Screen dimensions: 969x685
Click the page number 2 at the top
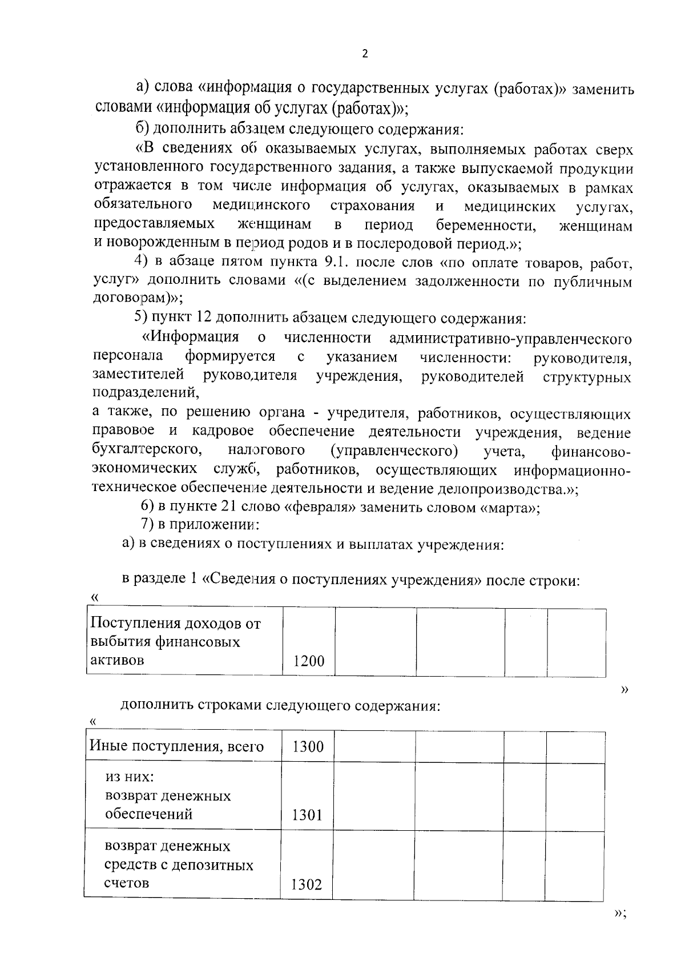(365, 54)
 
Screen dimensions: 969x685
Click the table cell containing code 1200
(308, 661)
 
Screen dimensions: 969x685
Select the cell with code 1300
(308, 746)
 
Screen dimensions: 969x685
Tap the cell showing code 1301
(307, 815)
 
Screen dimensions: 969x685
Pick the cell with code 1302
(307, 884)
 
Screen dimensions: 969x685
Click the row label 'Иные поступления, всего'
(176, 746)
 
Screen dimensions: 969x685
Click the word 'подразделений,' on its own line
(146, 393)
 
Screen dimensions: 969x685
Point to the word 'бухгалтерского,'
(147, 451)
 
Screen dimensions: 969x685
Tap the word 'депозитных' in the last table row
(220, 865)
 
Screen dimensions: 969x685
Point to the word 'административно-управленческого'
(510, 339)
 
